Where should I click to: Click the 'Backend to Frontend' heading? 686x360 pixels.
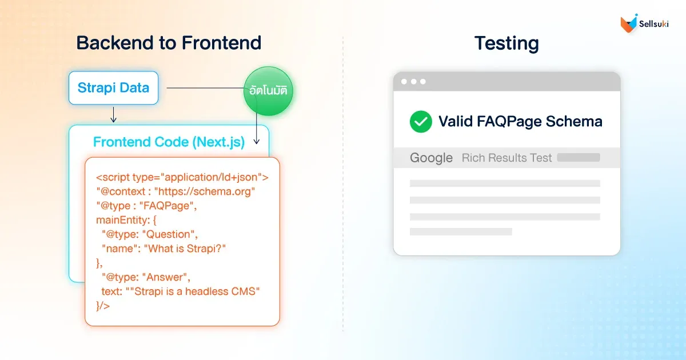169,43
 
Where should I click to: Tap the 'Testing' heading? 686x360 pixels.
506,43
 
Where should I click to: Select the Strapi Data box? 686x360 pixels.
113,88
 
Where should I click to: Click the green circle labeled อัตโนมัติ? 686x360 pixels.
268,91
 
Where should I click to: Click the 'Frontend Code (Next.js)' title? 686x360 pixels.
169,142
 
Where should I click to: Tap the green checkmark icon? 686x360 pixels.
421,121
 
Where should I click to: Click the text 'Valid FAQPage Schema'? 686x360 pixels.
520,121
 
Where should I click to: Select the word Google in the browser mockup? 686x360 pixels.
431,158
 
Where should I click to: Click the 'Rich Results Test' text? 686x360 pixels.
506,158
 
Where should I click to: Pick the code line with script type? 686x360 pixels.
182,177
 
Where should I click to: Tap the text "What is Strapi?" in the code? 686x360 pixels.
189,249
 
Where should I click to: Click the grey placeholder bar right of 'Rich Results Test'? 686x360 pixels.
579,158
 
